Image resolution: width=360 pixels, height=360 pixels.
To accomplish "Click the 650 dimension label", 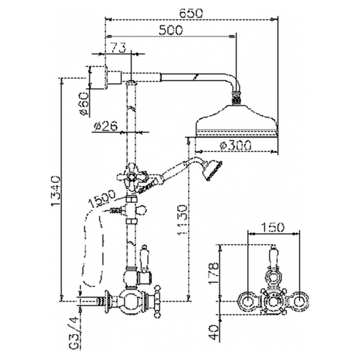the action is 191,13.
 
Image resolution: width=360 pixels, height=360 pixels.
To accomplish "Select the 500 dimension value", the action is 171,30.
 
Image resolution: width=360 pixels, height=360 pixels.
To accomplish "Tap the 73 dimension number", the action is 119,48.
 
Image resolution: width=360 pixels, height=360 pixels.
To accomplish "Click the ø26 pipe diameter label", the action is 106,126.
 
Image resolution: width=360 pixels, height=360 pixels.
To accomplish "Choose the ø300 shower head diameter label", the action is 236,146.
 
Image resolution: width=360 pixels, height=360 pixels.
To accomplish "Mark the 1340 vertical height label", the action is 56,191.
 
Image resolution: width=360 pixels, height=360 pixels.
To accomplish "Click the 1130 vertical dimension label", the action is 182,220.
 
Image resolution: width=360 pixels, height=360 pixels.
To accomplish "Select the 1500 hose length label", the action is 102,200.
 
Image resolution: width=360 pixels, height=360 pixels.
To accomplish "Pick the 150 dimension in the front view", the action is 273,227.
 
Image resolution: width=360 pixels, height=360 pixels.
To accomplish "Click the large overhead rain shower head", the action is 237,121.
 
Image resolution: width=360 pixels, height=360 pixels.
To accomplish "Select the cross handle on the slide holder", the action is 132,177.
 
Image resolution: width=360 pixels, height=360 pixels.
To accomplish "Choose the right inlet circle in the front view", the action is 299,302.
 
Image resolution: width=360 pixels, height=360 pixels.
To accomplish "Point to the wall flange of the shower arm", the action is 98,78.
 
